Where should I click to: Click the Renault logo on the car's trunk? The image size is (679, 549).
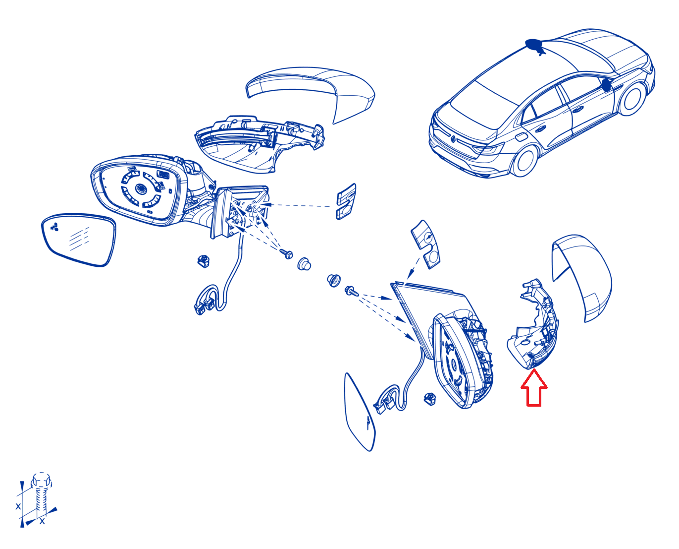pos(453,138)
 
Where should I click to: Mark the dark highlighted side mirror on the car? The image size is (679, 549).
pos(606,85)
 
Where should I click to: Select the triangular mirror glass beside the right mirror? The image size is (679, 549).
pos(360,412)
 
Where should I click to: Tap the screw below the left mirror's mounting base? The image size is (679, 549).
pos(287,254)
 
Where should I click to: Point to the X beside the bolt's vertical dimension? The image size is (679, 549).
pos(18,506)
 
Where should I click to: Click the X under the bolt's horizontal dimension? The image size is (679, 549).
pos(42,521)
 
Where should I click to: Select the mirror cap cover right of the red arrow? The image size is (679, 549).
pos(582,278)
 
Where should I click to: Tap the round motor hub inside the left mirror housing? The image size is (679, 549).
pos(140,188)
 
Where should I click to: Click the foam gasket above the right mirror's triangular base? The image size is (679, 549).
pos(426,244)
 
